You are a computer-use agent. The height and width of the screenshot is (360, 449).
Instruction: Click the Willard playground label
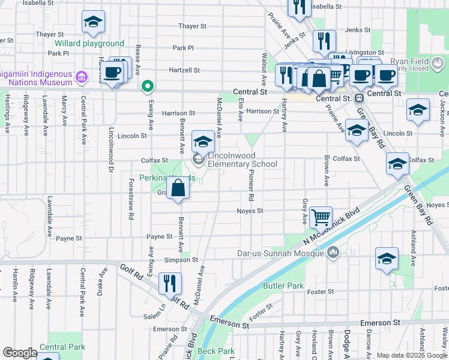point(89,44)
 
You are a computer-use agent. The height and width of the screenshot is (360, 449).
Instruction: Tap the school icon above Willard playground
point(93,22)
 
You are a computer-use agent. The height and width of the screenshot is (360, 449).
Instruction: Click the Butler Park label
point(283,286)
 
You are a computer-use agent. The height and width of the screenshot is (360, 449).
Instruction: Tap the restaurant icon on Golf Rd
point(170,283)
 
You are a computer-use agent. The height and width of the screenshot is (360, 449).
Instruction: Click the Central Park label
point(62,347)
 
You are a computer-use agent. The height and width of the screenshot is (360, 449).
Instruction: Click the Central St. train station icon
point(359,98)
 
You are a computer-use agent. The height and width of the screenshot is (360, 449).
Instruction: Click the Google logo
point(20,353)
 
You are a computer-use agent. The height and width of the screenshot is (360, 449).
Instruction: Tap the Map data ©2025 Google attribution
point(412,355)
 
